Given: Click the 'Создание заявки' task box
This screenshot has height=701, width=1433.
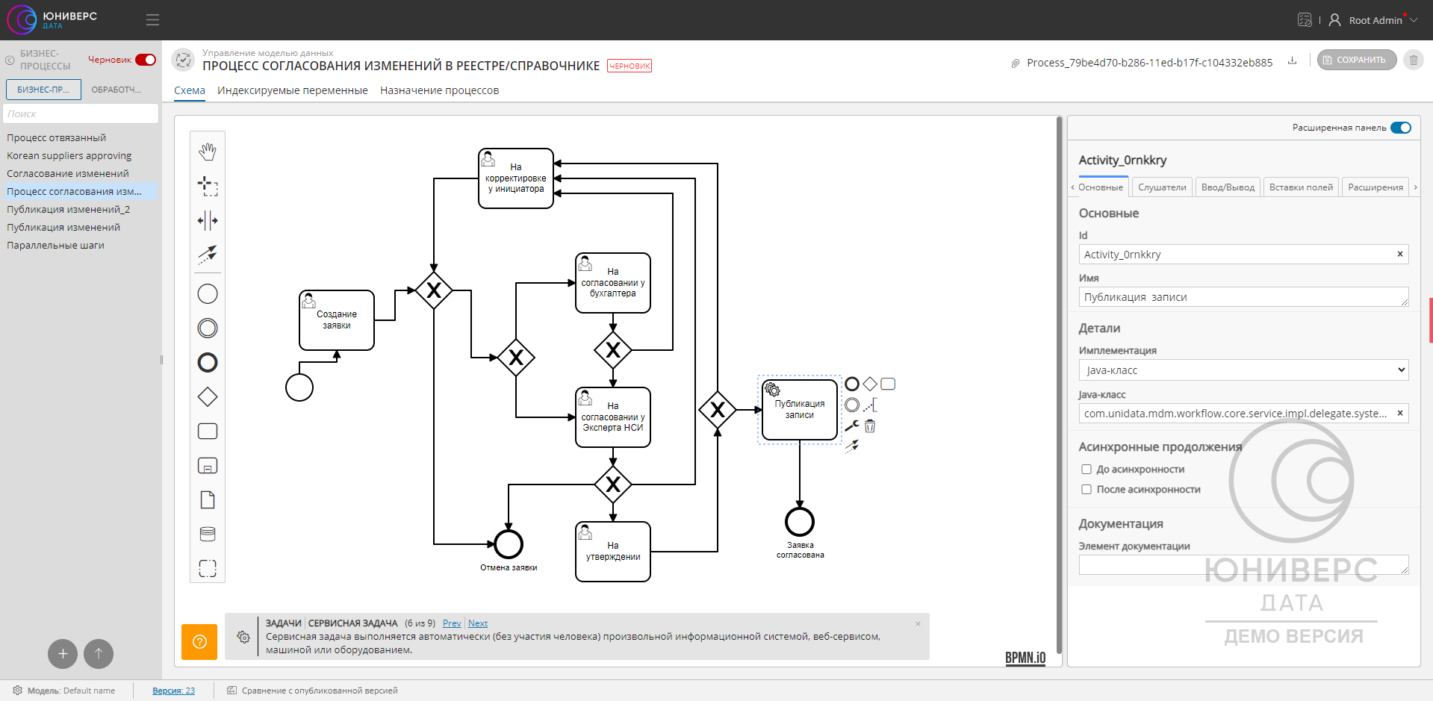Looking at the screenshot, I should [x=337, y=320].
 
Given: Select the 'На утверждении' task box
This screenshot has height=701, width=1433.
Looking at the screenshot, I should [x=613, y=552].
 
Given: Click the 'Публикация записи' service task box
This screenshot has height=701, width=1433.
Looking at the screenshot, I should [x=799, y=410].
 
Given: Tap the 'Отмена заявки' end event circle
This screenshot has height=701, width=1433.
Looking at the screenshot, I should [x=509, y=544].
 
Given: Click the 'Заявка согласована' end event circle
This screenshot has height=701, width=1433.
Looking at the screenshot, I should [x=799, y=522].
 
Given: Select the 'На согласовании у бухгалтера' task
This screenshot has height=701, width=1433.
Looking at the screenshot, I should [x=613, y=283].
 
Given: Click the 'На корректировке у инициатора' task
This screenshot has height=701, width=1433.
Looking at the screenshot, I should [x=516, y=178].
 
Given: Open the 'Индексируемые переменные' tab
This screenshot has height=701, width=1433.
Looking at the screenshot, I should [x=293, y=90].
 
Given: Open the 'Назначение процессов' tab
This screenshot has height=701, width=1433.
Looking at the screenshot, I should [x=439, y=90].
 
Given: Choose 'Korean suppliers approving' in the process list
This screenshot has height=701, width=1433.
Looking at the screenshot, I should [x=69, y=156].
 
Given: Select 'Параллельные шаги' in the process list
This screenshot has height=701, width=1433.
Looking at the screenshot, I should [x=56, y=246].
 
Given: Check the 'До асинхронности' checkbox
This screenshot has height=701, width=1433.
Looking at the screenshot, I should [x=1087, y=470].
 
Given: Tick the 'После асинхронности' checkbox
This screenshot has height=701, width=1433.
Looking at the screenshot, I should [x=1087, y=490].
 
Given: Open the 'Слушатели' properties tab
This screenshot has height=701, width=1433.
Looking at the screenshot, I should [x=1162, y=187].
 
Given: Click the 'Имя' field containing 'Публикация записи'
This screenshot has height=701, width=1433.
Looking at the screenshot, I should [x=1243, y=297].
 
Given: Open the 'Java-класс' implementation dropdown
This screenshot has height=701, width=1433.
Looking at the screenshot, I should [x=1243, y=370].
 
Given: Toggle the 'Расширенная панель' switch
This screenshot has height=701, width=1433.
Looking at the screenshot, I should [x=1401, y=128].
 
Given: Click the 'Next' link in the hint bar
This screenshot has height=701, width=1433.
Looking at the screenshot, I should [x=478, y=623].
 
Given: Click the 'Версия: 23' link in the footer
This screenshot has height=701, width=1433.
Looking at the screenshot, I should [x=173, y=691].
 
